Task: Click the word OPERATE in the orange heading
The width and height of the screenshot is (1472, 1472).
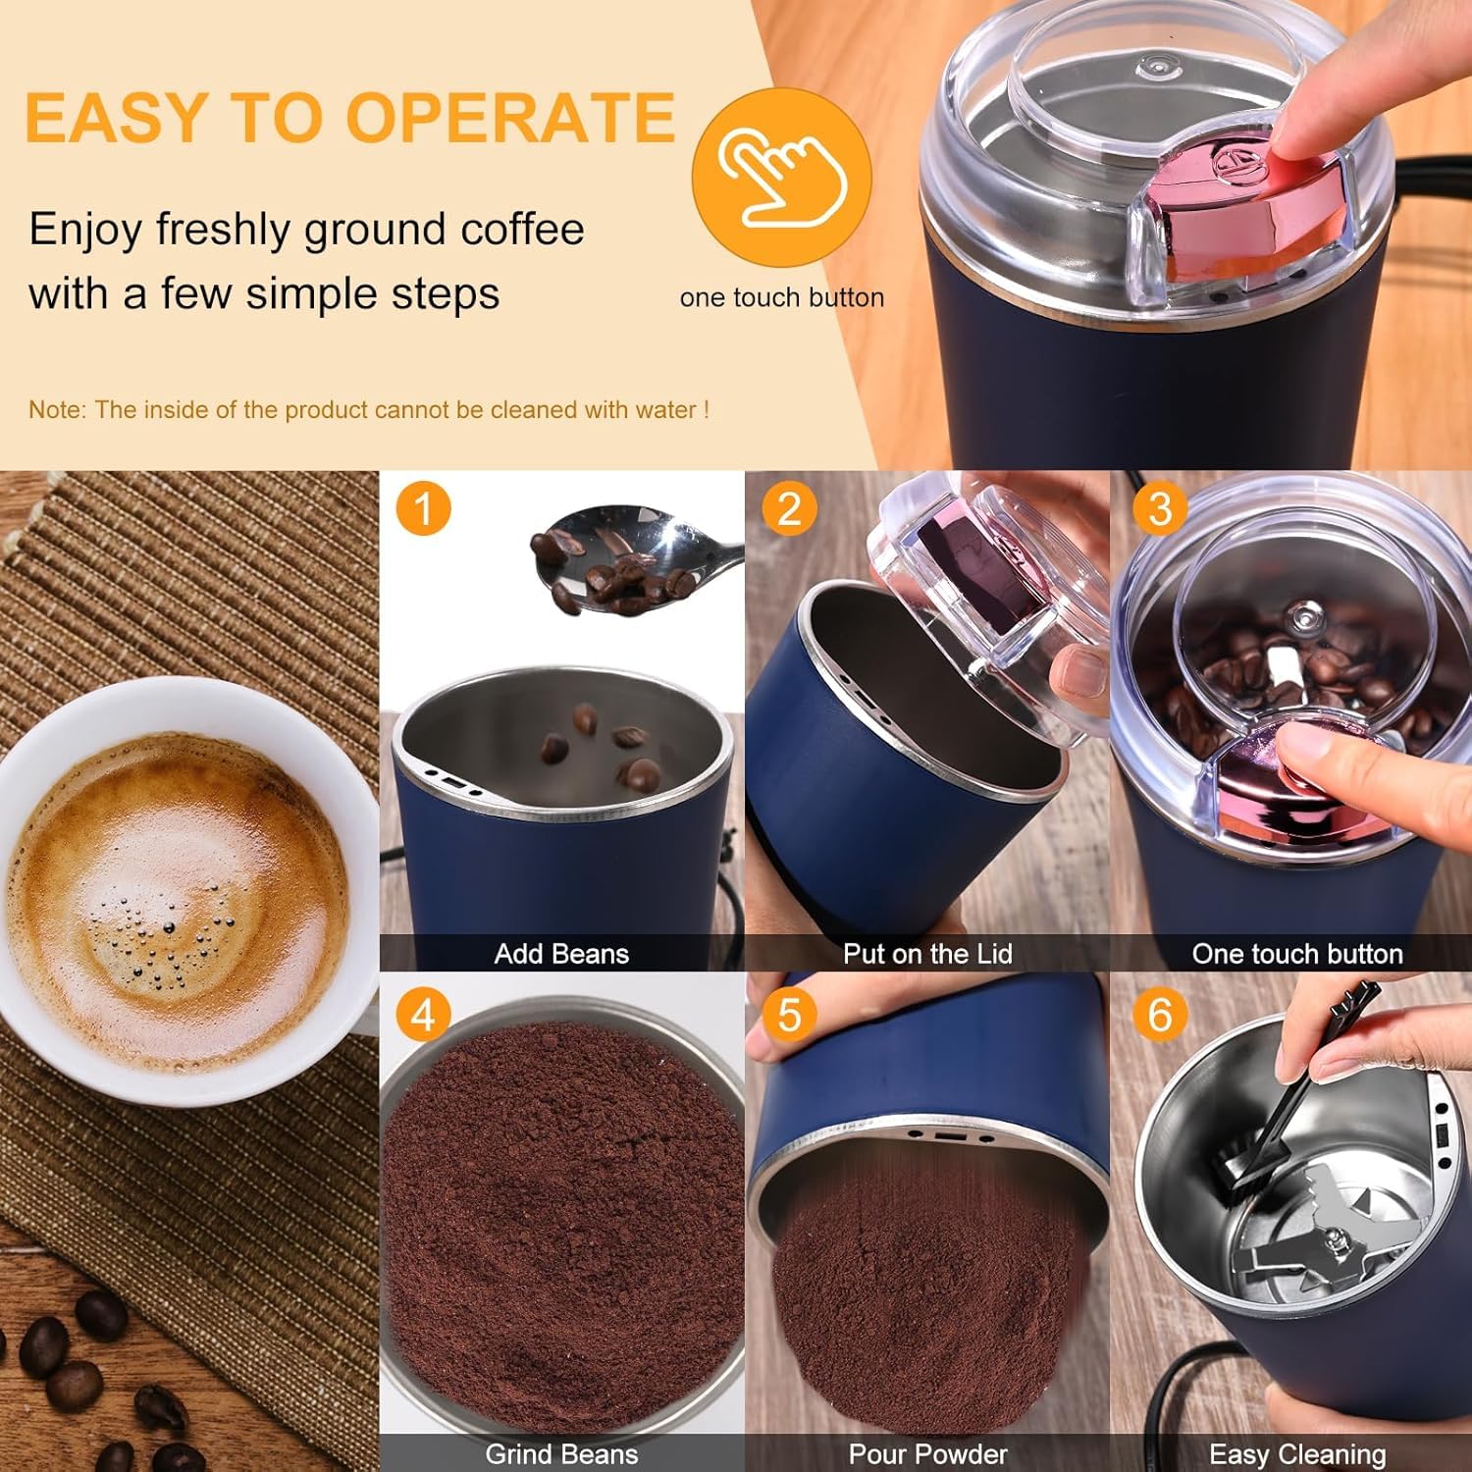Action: (510, 118)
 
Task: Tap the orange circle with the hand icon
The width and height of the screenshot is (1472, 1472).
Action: (781, 177)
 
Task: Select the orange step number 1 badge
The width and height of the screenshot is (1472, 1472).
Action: (423, 509)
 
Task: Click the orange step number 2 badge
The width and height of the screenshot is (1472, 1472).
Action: (789, 509)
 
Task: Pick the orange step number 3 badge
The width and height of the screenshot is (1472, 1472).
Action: (1159, 509)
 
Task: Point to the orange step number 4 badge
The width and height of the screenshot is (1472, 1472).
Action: (423, 1015)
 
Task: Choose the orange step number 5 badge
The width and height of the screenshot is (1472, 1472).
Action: (789, 1015)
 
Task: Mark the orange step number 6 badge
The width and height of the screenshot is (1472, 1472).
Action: (1159, 1015)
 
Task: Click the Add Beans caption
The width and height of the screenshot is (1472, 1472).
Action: (561, 954)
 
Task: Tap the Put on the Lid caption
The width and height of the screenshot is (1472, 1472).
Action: (927, 954)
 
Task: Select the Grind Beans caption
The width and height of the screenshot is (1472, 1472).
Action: (561, 1454)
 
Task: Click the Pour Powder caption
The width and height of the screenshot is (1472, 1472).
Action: (927, 1454)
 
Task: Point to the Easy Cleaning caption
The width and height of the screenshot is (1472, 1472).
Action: (1297, 1454)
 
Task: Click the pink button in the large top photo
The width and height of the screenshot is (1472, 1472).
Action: (1246, 206)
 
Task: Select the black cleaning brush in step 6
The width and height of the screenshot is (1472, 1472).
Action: (1286, 1109)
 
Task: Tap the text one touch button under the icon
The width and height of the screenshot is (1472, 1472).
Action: (781, 297)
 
